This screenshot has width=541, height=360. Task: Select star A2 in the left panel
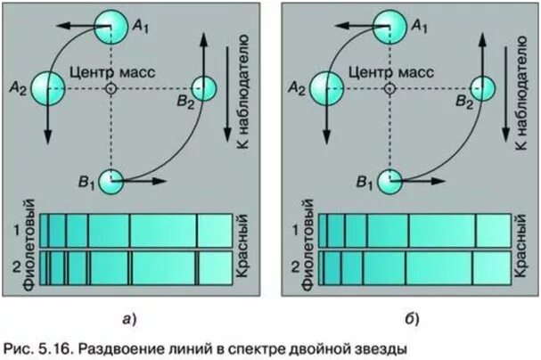pyautogui.click(x=47, y=88)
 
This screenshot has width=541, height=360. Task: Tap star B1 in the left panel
pyautogui.click(x=111, y=181)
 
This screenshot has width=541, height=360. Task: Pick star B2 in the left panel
pyautogui.click(x=204, y=88)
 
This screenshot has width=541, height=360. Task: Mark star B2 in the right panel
pyautogui.click(x=482, y=88)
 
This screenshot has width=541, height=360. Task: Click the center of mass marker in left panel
pyautogui.click(x=111, y=89)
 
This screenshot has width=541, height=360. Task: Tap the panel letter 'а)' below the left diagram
pyautogui.click(x=128, y=317)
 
